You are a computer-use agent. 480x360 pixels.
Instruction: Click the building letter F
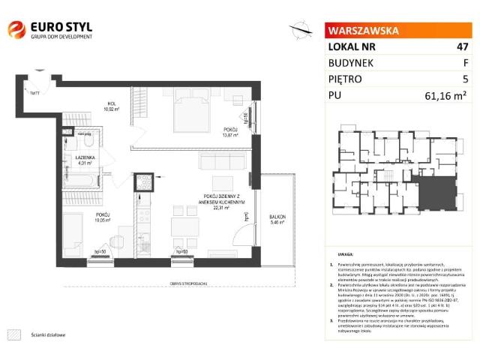[x=465, y=63]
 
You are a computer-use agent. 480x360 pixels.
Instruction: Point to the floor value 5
[x=465, y=79]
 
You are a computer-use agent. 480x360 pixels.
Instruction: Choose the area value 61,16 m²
[x=447, y=95]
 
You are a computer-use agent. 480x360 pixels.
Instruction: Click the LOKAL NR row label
[x=352, y=46]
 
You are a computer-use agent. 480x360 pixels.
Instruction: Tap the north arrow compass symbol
[x=301, y=29]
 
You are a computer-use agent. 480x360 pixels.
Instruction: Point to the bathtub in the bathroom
[x=83, y=180]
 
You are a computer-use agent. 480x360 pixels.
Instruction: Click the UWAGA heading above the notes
[x=346, y=255]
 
